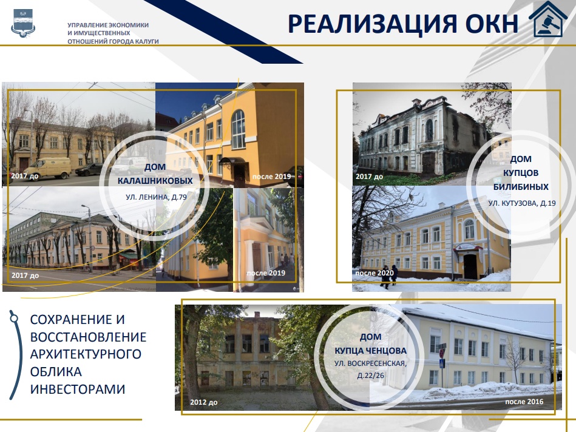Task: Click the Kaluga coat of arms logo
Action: coord(23,24)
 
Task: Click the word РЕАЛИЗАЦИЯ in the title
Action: coord(371,24)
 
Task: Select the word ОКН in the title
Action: coord(492,24)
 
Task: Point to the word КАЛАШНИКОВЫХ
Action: coord(155,181)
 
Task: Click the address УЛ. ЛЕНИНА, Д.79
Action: coord(156,197)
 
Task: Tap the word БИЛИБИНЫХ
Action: coord(521,187)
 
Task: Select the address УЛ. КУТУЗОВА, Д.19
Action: coord(522,203)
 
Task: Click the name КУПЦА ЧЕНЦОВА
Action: coord(370,351)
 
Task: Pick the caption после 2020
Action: coord(374,273)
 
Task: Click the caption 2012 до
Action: coord(203,402)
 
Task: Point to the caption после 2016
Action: coord(524,402)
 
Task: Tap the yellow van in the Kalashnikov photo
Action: coord(53,168)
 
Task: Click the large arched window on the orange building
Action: coord(238,129)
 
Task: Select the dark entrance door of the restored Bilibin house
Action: coord(470,266)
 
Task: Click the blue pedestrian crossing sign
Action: coord(442,363)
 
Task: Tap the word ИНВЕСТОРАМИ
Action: coord(78,389)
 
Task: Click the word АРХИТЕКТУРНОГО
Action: coord(86,354)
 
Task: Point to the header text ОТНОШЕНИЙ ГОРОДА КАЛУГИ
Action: coord(113,41)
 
